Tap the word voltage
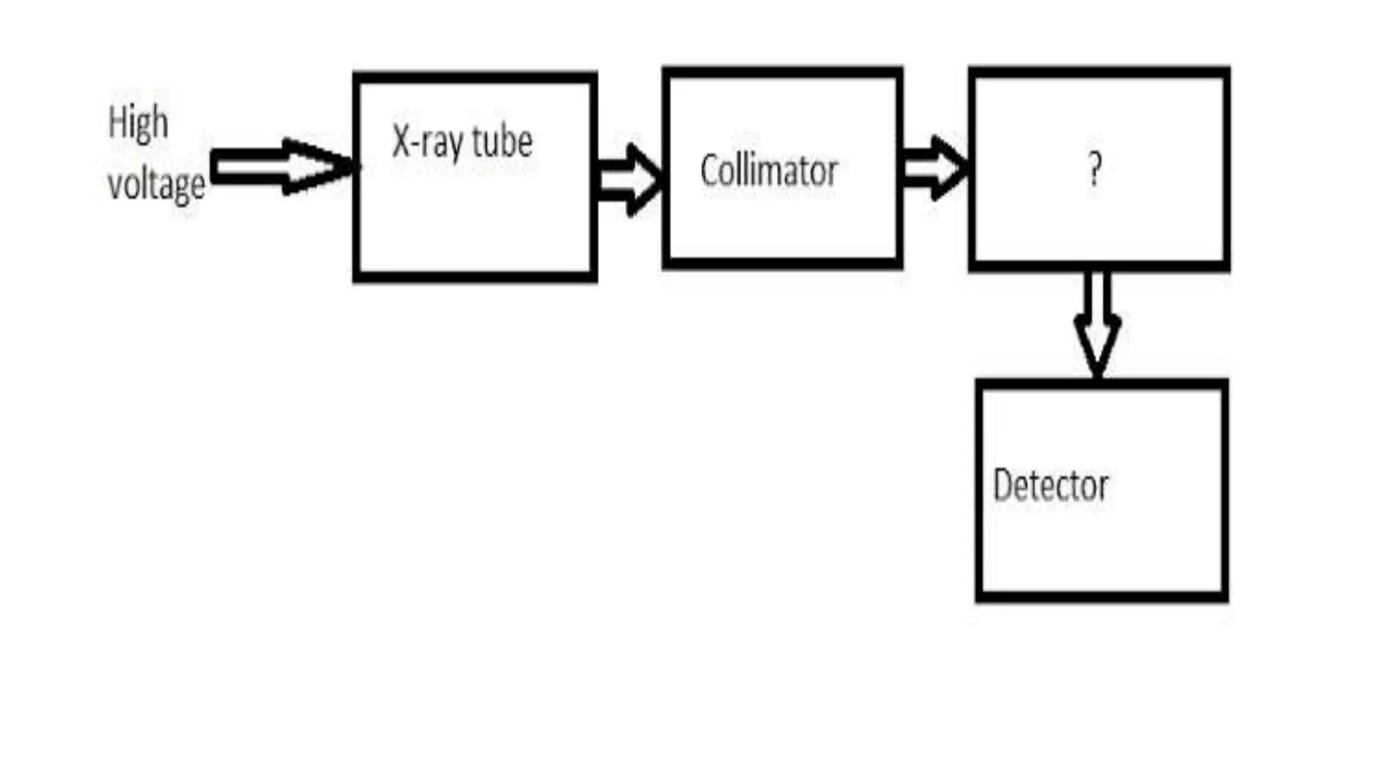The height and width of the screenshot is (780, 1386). [156, 184]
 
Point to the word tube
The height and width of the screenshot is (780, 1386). [502, 142]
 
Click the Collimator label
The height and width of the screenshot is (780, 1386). [769, 171]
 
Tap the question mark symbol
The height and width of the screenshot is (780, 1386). [1094, 169]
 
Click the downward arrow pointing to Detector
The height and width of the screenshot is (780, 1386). [1097, 325]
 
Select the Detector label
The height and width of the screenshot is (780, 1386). [1050, 485]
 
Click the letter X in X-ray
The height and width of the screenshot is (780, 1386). [401, 142]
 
